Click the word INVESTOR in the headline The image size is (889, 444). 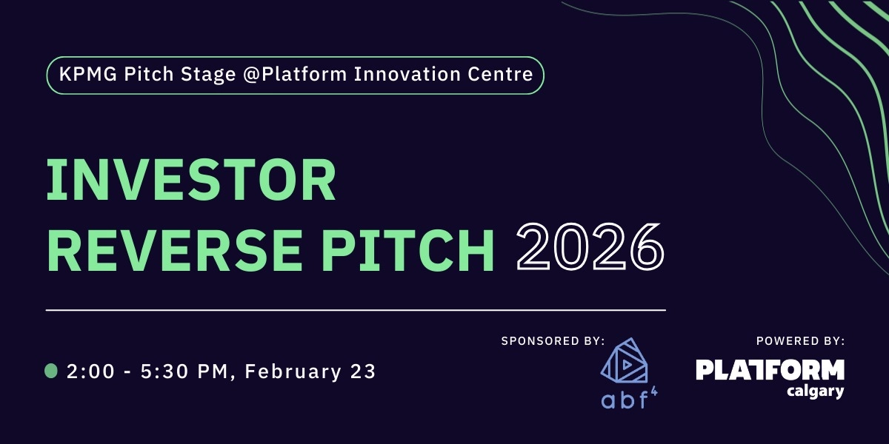(x=191, y=181)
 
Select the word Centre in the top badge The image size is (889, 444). (x=507, y=75)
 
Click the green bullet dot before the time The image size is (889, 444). (x=51, y=371)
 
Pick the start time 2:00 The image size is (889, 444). (x=91, y=371)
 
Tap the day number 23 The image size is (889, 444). (x=363, y=371)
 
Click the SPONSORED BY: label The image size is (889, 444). (x=553, y=341)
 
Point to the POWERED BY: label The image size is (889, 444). (x=800, y=341)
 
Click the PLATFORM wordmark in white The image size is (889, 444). (x=770, y=370)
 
